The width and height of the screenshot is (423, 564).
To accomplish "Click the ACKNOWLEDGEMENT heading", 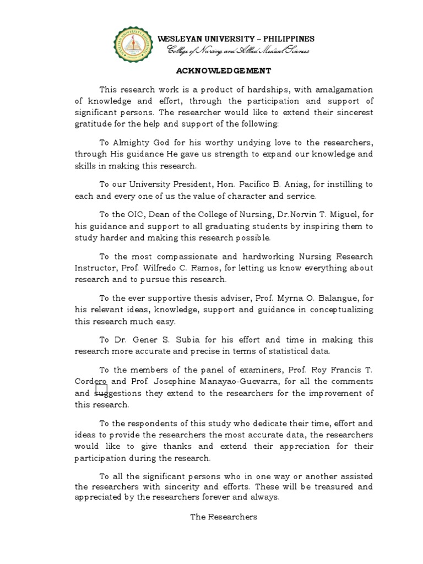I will pos(215,70).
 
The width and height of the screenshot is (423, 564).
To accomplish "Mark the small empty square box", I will pos(101,389).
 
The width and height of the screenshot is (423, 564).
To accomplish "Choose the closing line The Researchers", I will pos(224,517).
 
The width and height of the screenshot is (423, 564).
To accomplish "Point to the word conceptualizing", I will pos(337,310).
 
